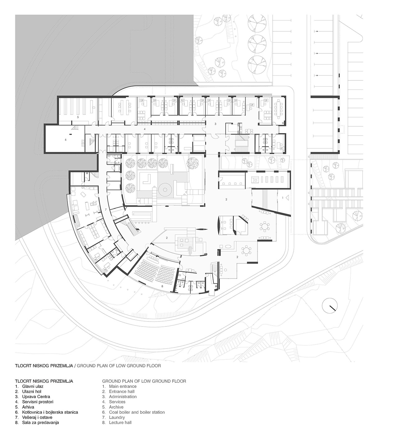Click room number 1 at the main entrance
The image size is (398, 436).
283,198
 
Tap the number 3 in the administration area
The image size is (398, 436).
215,124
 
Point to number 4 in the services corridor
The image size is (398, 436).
145,129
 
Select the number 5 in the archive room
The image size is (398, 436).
78,117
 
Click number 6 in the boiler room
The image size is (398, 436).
66,140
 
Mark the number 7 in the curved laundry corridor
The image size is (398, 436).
106,209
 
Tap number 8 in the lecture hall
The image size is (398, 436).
162,286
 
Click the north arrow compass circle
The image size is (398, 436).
330,306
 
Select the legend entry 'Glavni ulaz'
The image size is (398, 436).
33,386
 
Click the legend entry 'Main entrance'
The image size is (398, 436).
123,386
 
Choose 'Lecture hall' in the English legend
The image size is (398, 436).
120,423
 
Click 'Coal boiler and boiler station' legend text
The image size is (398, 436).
137,412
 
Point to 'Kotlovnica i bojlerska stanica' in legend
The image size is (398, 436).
50,412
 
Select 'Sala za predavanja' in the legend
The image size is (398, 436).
40,423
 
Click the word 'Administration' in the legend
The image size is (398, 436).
123,397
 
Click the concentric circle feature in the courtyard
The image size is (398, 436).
165,190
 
